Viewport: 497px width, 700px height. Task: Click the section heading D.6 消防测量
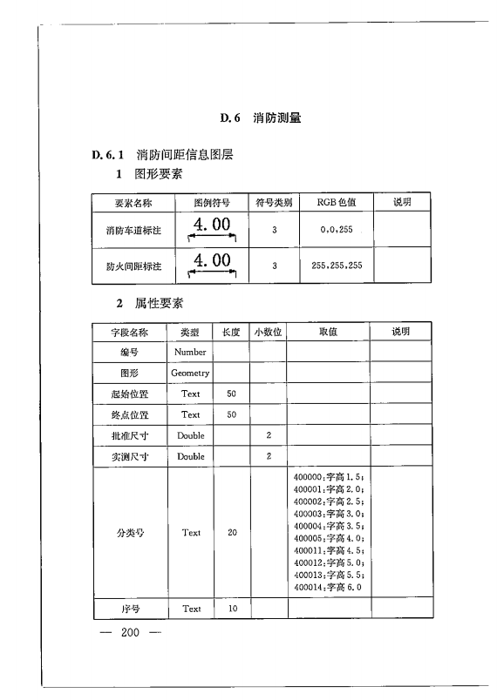261,118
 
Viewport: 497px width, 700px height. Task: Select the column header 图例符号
212,203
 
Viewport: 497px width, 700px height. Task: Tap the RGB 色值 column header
337,203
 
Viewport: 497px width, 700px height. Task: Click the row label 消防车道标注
129,231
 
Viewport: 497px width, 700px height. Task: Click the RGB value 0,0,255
337,231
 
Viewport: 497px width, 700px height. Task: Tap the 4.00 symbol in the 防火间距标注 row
212,261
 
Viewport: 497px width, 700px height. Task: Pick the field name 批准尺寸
130,435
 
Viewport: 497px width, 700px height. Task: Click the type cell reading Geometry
190,373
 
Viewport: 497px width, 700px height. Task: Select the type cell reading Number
190,352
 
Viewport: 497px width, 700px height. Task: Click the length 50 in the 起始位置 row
232,394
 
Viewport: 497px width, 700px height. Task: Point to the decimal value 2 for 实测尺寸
269,456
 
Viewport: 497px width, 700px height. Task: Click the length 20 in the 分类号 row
232,533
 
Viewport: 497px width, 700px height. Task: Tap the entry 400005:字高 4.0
329,538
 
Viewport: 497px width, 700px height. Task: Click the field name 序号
130,609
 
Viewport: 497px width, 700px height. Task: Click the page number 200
131,631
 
